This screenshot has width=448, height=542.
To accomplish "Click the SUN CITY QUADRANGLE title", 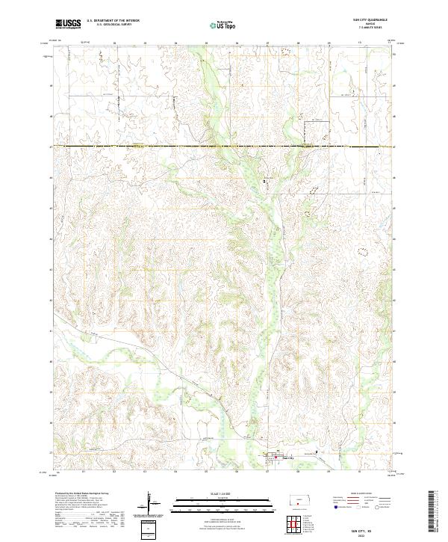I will pos(369,20).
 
